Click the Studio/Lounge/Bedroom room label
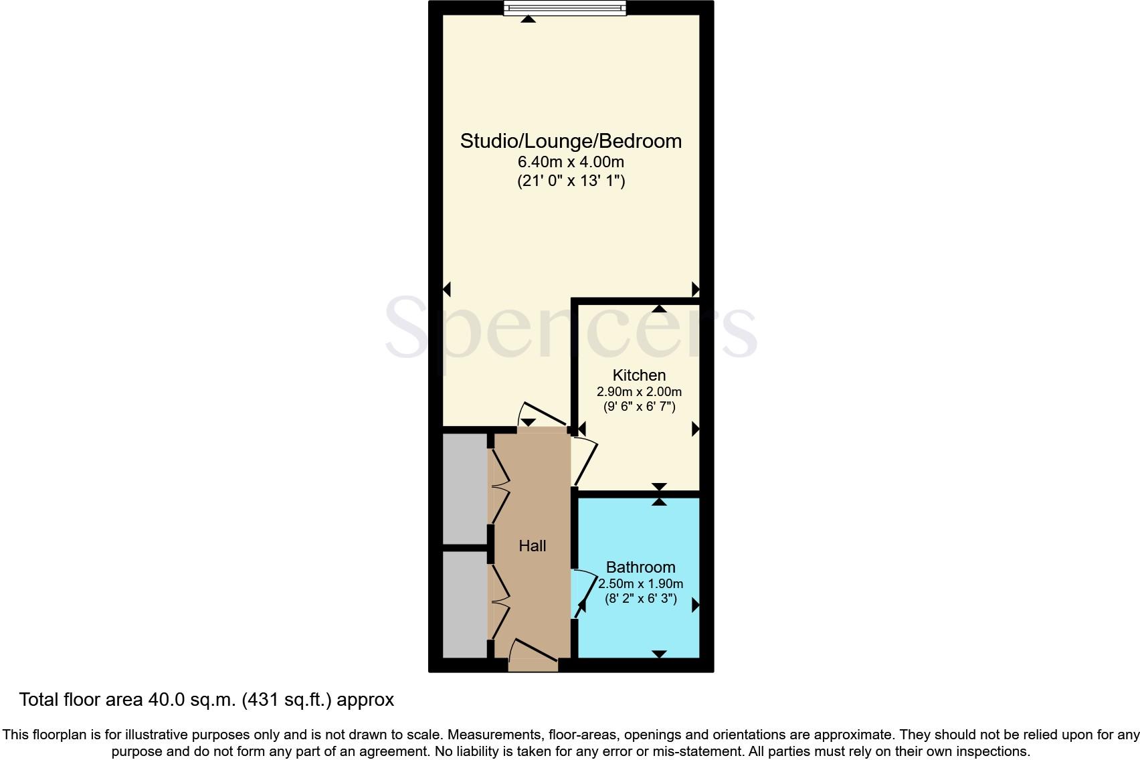tap(571, 141)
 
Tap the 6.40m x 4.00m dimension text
tap(571, 162)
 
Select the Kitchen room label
tap(639, 375)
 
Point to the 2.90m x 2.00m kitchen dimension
tap(639, 392)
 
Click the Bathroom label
tap(640, 567)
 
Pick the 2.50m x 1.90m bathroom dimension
tap(640, 584)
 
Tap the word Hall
tap(533, 546)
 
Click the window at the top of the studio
tap(565, 8)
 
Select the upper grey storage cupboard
tap(465, 488)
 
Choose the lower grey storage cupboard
tap(465, 604)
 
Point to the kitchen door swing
tap(585, 461)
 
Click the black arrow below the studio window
tap(529, 19)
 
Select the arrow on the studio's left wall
tap(447, 289)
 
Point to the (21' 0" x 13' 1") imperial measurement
tap(571, 181)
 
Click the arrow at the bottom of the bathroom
tap(659, 654)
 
